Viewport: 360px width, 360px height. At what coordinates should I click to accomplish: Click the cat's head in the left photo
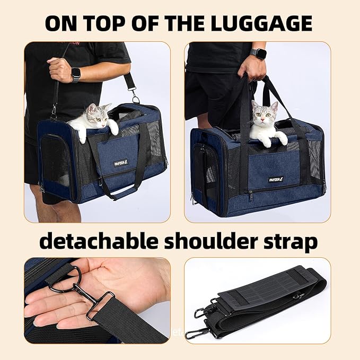[x=95, y=115]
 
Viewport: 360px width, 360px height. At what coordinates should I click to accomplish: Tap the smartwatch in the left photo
[x=76, y=74]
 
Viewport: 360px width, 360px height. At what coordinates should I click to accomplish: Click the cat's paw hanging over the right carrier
[x=282, y=138]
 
